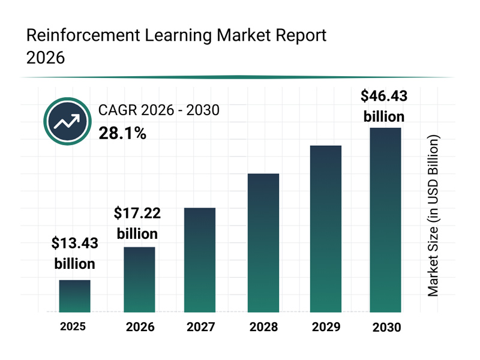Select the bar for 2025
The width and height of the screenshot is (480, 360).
pos(74,296)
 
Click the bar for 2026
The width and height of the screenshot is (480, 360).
pos(139,280)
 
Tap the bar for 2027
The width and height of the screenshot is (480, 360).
pos(200,260)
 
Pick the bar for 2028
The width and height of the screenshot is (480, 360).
pos(263,243)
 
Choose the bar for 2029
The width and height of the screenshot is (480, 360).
pos(325,229)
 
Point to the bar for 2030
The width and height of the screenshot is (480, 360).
pos(385,220)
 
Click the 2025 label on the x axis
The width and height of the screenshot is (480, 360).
pos(73,327)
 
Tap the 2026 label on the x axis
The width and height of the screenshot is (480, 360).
pos(139,328)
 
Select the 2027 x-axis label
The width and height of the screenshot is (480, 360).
pos(200,328)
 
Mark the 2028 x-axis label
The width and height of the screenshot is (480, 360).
pos(263,328)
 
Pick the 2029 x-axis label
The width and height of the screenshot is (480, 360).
pos(325,328)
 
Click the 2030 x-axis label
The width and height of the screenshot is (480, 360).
pos(386,328)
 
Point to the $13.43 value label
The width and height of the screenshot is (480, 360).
pos(74,244)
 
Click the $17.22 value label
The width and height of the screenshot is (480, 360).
pos(137,214)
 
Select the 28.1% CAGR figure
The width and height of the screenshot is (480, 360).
pos(122,133)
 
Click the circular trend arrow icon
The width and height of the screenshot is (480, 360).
pos(67,121)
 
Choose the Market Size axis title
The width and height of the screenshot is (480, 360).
pos(433,215)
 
